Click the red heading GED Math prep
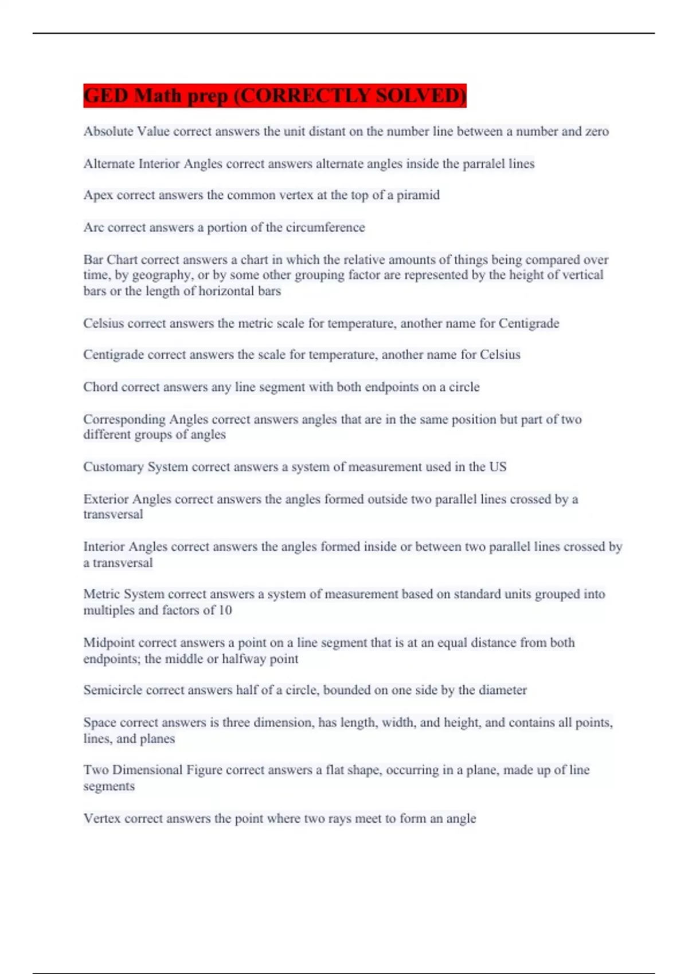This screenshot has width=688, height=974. click(275, 95)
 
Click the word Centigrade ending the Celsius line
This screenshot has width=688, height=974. click(529, 323)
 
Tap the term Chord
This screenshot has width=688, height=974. click(100, 387)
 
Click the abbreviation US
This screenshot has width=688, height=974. click(498, 467)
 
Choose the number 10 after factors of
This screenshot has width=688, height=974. click(225, 610)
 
